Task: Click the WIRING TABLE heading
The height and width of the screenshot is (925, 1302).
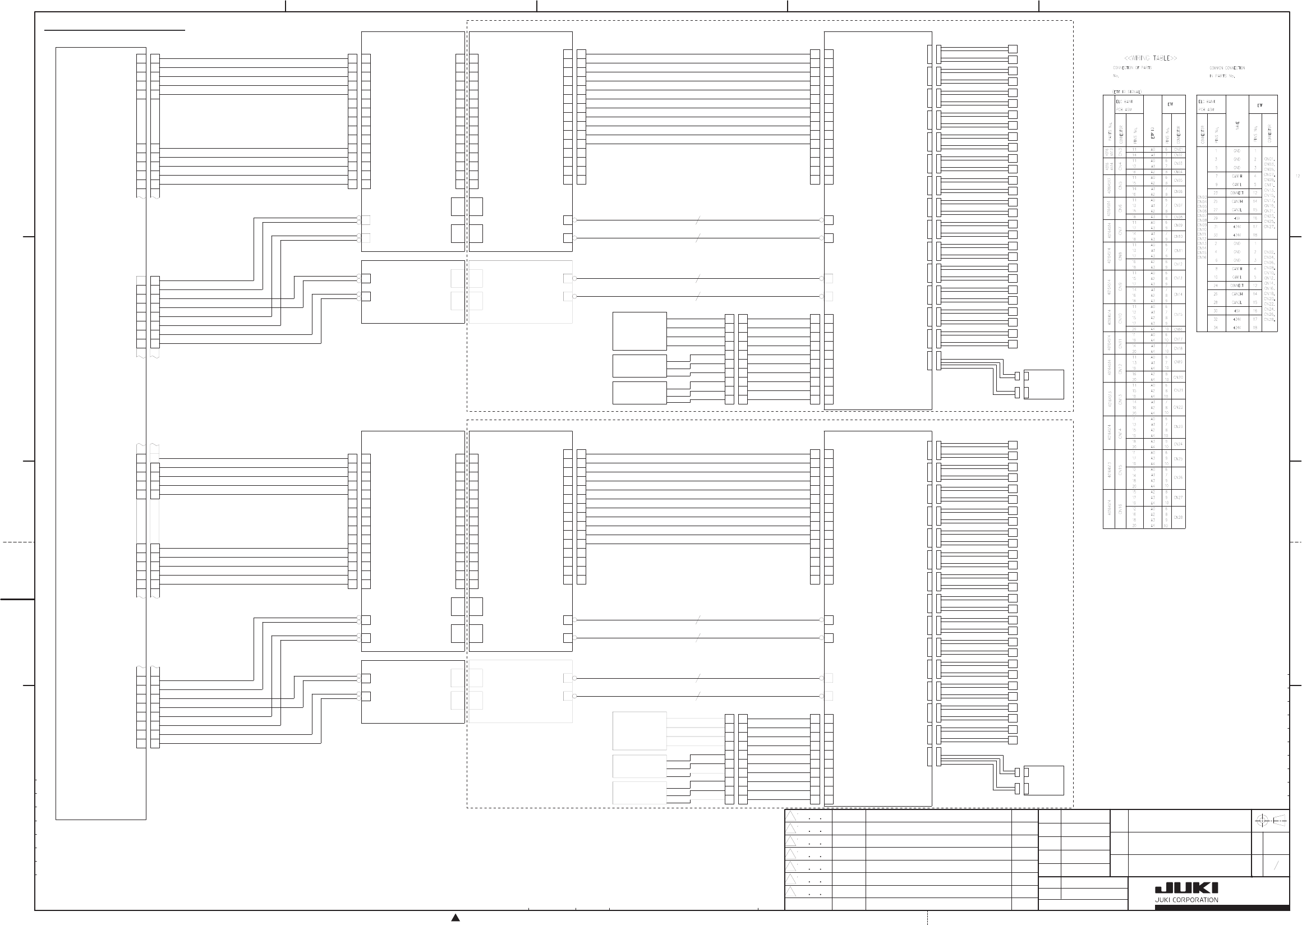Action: click(x=1150, y=58)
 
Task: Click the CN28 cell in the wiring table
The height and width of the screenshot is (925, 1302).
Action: click(x=1179, y=517)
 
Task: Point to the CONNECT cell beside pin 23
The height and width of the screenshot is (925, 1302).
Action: click(x=1236, y=193)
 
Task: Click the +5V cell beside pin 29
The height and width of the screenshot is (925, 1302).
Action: click(x=1236, y=218)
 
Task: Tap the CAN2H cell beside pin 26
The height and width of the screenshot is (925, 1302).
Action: click(x=1236, y=294)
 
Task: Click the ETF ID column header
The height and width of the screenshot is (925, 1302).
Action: click(x=1153, y=132)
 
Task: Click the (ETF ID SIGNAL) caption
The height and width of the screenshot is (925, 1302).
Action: click(x=1126, y=91)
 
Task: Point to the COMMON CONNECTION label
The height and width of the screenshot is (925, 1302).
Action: click(x=1227, y=68)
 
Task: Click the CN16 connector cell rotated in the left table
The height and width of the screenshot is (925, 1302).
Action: click(x=1120, y=509)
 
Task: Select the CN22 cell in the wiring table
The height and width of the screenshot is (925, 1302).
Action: click(x=1179, y=407)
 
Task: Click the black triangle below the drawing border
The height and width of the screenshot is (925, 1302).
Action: click(x=455, y=917)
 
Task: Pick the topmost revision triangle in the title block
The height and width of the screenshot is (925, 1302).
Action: click(x=790, y=816)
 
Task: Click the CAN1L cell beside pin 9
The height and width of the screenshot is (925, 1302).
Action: click(x=1236, y=185)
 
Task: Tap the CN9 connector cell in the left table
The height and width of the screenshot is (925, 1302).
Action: click(x=1120, y=287)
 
